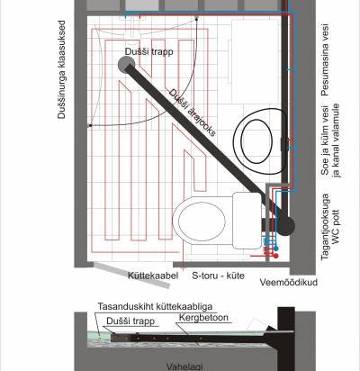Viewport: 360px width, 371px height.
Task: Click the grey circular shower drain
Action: tap(126, 64)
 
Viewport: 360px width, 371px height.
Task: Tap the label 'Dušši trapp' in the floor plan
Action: tap(149, 51)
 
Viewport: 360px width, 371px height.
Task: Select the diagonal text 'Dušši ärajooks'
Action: tap(192, 113)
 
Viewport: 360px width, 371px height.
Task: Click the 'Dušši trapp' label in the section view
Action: tap(130, 321)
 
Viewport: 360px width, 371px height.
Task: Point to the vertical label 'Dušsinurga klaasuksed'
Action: tap(61, 69)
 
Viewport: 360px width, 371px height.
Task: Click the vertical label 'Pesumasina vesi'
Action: tap(325, 60)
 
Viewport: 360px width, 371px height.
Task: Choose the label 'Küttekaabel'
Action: tap(153, 276)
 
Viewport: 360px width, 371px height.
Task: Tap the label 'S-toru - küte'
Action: tap(218, 276)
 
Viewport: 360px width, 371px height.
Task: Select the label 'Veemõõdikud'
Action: tap(289, 282)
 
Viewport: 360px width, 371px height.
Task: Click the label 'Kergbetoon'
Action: tap(203, 318)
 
